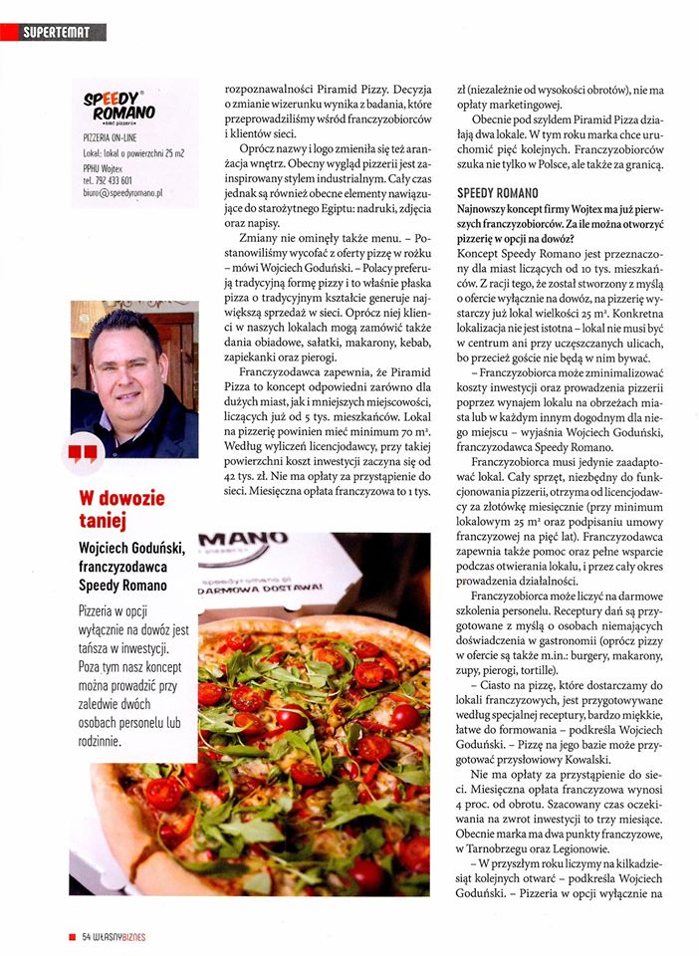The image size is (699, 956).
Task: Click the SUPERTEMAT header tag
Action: [x=57, y=34]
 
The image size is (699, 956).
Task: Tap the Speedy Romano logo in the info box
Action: [x=117, y=104]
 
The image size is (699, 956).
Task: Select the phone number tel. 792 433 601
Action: [x=113, y=180]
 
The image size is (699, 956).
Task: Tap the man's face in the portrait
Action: [x=126, y=359]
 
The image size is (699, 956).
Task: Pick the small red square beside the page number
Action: [x=72, y=938]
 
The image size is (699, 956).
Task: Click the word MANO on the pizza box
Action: [x=238, y=541]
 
